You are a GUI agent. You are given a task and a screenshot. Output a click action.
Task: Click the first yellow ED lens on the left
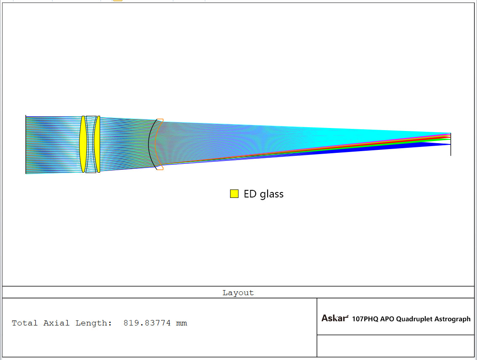pos(83,144)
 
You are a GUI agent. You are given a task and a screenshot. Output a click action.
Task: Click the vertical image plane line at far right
pos(450,144)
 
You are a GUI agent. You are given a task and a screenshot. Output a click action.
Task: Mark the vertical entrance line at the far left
pos(26,144)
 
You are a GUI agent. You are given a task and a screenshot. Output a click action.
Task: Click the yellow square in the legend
pos(234,194)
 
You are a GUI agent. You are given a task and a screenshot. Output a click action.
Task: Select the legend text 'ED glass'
pos(263,194)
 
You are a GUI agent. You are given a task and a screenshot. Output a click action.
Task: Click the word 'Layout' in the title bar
pos(238,293)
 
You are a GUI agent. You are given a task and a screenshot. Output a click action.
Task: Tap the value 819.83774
pos(147,323)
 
